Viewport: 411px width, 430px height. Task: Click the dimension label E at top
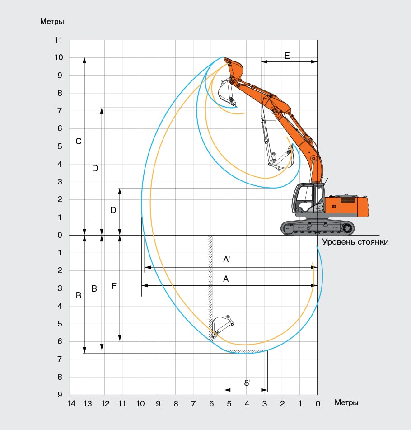(x=287, y=56)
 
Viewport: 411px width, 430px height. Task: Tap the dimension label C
(x=79, y=141)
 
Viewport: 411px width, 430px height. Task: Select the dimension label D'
(x=114, y=210)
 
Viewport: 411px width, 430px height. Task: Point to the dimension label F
(x=114, y=286)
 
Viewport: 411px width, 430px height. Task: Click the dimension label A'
(x=227, y=259)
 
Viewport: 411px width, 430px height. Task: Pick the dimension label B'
(x=95, y=288)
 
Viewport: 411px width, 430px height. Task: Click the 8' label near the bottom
(x=247, y=383)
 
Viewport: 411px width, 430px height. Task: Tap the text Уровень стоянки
(x=355, y=242)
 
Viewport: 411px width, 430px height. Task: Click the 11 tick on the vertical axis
(x=59, y=40)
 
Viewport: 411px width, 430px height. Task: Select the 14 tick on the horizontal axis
(x=71, y=404)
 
